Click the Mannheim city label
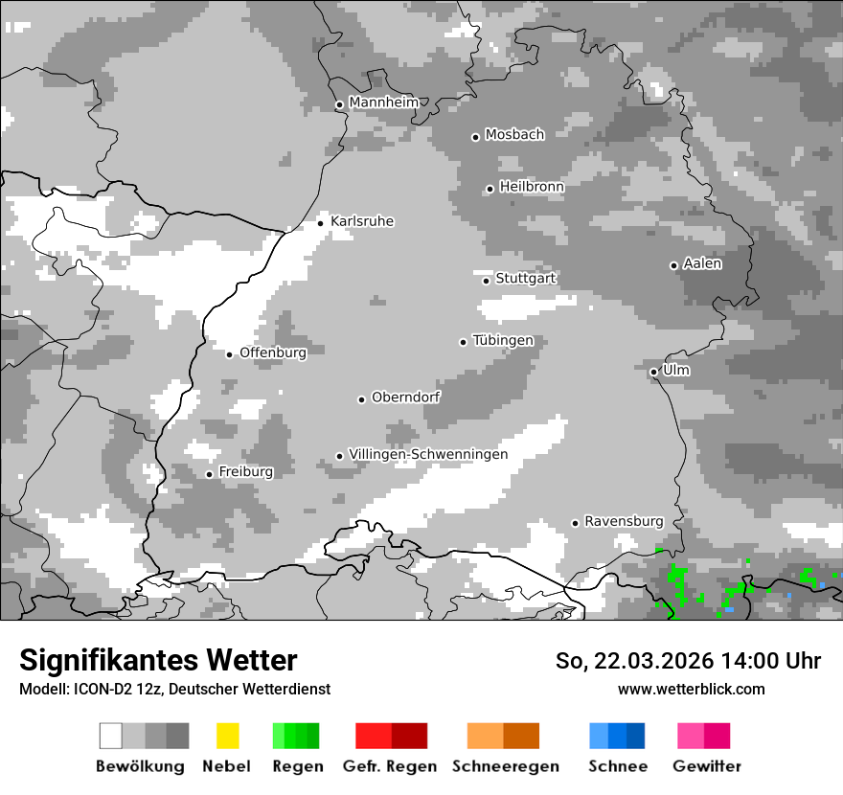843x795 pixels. point(383,102)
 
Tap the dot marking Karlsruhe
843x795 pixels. point(321,223)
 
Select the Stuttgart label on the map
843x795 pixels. point(525,279)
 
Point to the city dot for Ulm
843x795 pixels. point(653,372)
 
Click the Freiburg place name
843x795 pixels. point(245,472)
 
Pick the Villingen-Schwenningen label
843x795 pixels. point(428,455)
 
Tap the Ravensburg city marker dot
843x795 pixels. point(575,523)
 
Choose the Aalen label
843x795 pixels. point(702,264)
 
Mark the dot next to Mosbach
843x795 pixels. point(475,137)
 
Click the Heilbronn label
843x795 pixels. point(532,188)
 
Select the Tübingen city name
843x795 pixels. point(503,341)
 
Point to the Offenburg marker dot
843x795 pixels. point(229,354)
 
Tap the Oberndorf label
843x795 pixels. point(405,397)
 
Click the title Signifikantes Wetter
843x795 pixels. point(158,661)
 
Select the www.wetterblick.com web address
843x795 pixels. point(691,689)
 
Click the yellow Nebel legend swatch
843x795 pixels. point(227,736)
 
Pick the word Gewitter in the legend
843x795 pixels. point(706,766)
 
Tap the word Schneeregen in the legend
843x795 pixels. point(505,766)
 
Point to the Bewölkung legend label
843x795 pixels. point(140,766)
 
